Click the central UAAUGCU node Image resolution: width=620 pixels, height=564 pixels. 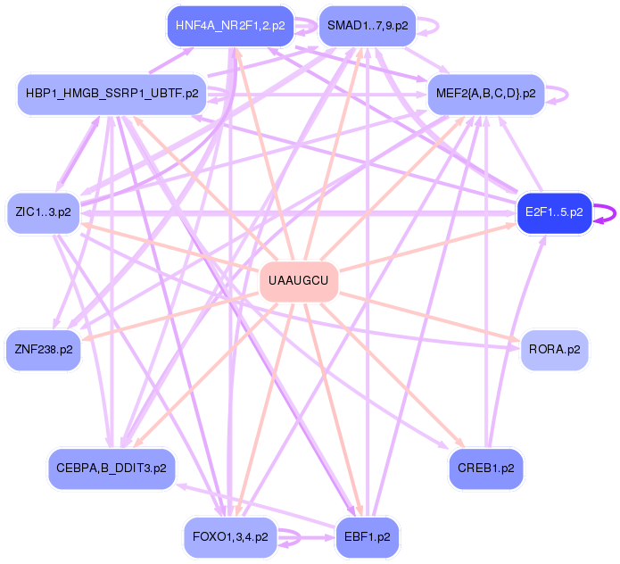(299, 283)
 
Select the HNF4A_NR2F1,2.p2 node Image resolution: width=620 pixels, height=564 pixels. (230, 26)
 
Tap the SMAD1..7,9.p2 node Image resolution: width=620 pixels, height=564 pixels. (368, 26)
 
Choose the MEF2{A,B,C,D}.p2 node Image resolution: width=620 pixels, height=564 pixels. (485, 93)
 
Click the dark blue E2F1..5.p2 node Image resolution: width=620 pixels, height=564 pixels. (554, 212)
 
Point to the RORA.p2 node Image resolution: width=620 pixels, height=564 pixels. (554, 350)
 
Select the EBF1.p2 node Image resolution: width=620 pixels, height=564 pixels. (368, 537)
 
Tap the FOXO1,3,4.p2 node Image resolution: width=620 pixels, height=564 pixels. (230, 537)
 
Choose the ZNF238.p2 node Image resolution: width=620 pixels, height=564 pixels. (43, 350)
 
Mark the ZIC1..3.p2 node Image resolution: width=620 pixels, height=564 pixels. (43, 212)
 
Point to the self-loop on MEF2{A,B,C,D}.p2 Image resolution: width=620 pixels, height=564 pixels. (562, 93)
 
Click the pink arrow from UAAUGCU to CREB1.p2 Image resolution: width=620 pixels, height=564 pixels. (393, 376)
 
